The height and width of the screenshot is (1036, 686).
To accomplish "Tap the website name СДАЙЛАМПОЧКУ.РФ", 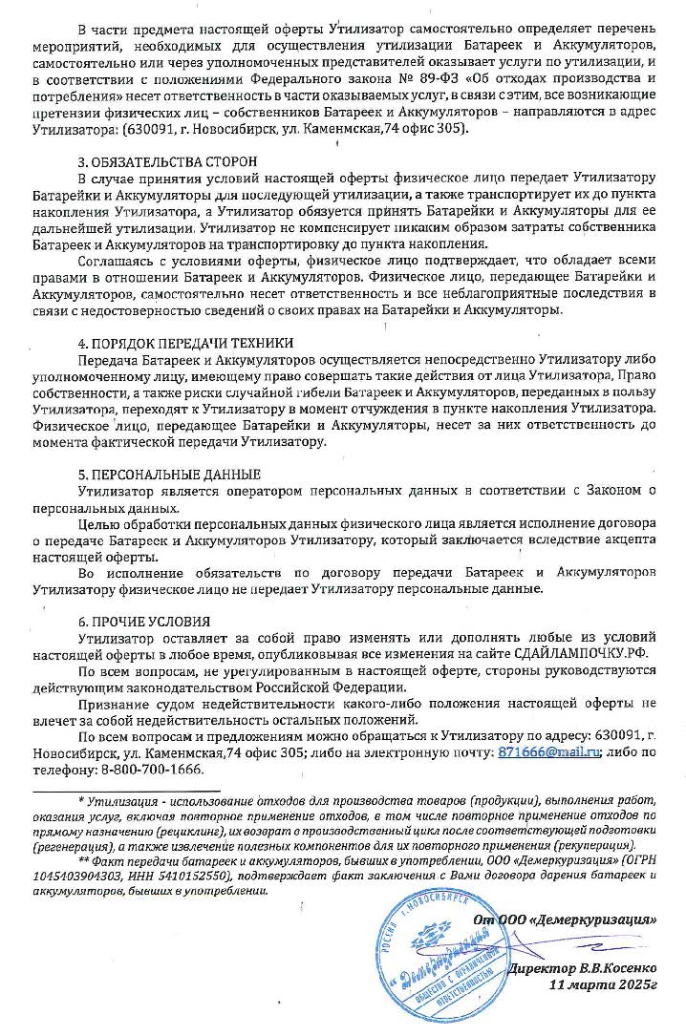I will (578, 654).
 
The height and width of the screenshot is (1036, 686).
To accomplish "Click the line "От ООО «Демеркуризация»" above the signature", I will (578, 920).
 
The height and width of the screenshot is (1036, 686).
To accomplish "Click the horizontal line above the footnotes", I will (125, 791).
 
